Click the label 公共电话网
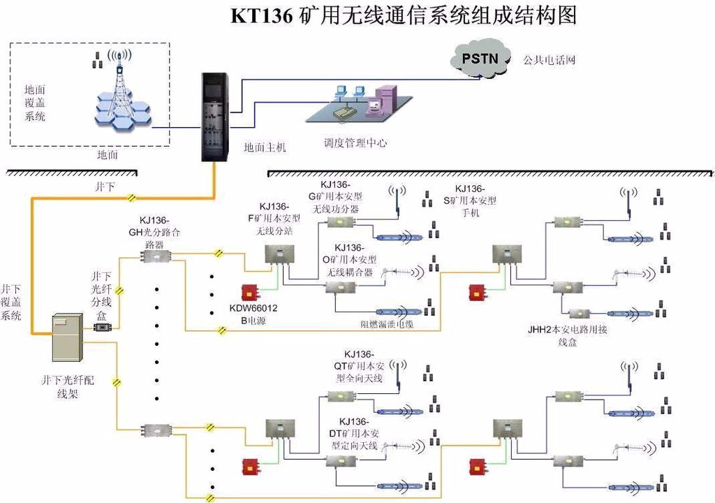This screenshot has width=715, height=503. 548,60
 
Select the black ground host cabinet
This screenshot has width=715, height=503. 216,116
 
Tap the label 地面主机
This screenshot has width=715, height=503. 265,147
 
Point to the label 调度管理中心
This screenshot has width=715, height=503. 355,143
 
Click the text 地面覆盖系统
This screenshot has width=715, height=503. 35,103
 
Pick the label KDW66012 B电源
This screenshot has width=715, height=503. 253,314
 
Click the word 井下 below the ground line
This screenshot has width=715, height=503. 105,187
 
